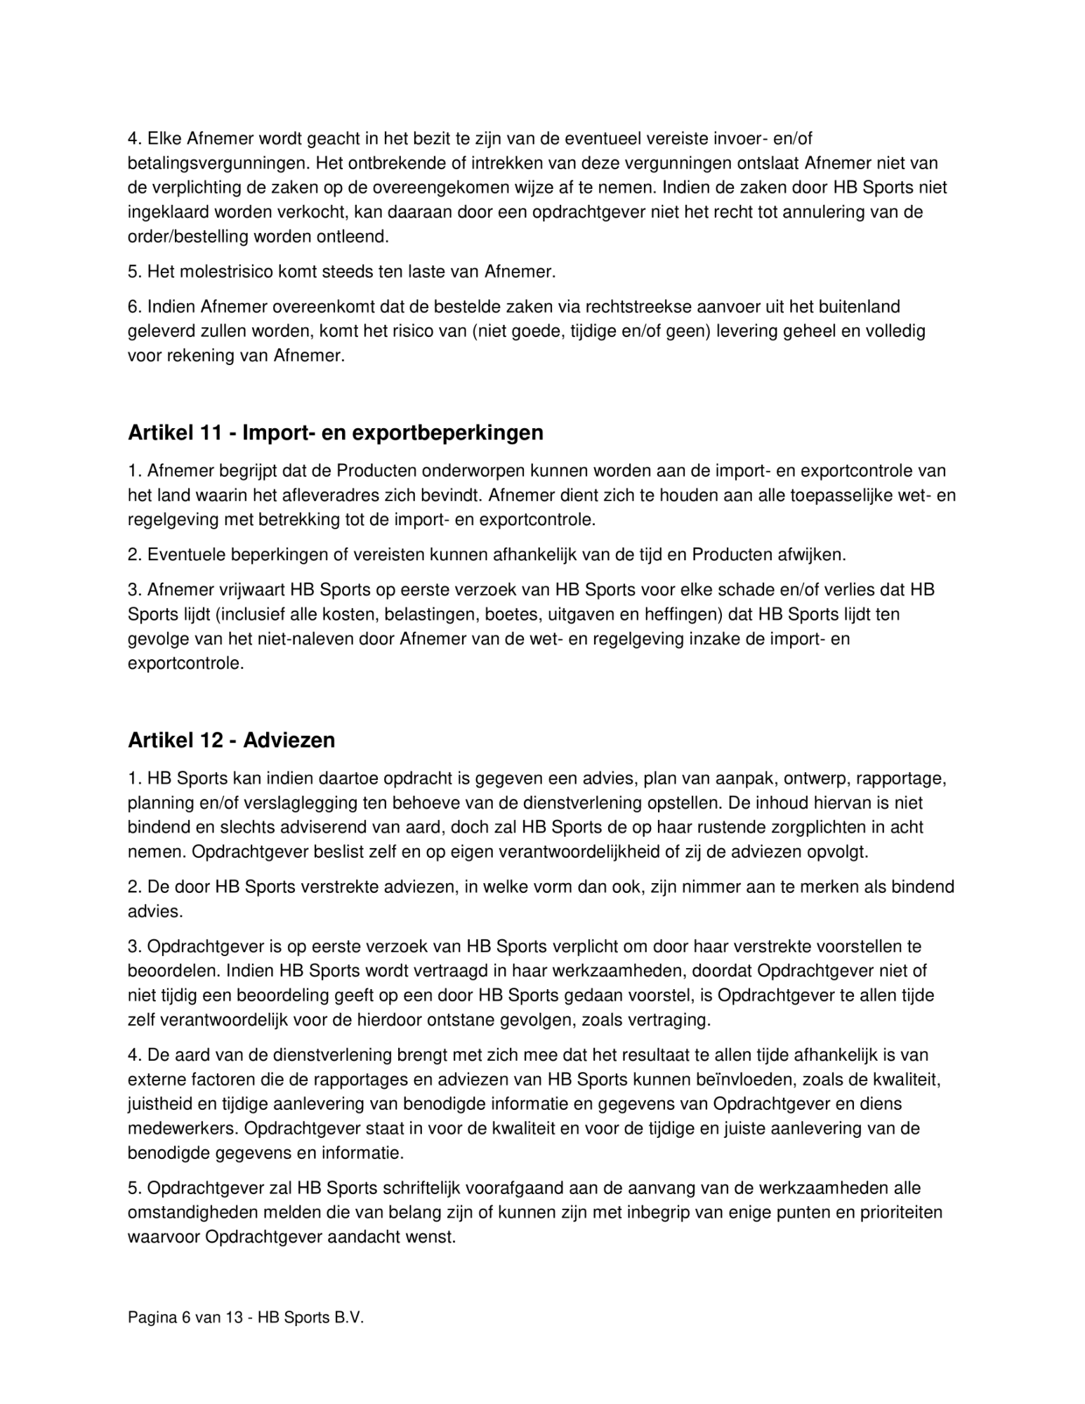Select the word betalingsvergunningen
point(218,164)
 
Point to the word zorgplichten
point(818,827)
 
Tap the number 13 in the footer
point(234,1318)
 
